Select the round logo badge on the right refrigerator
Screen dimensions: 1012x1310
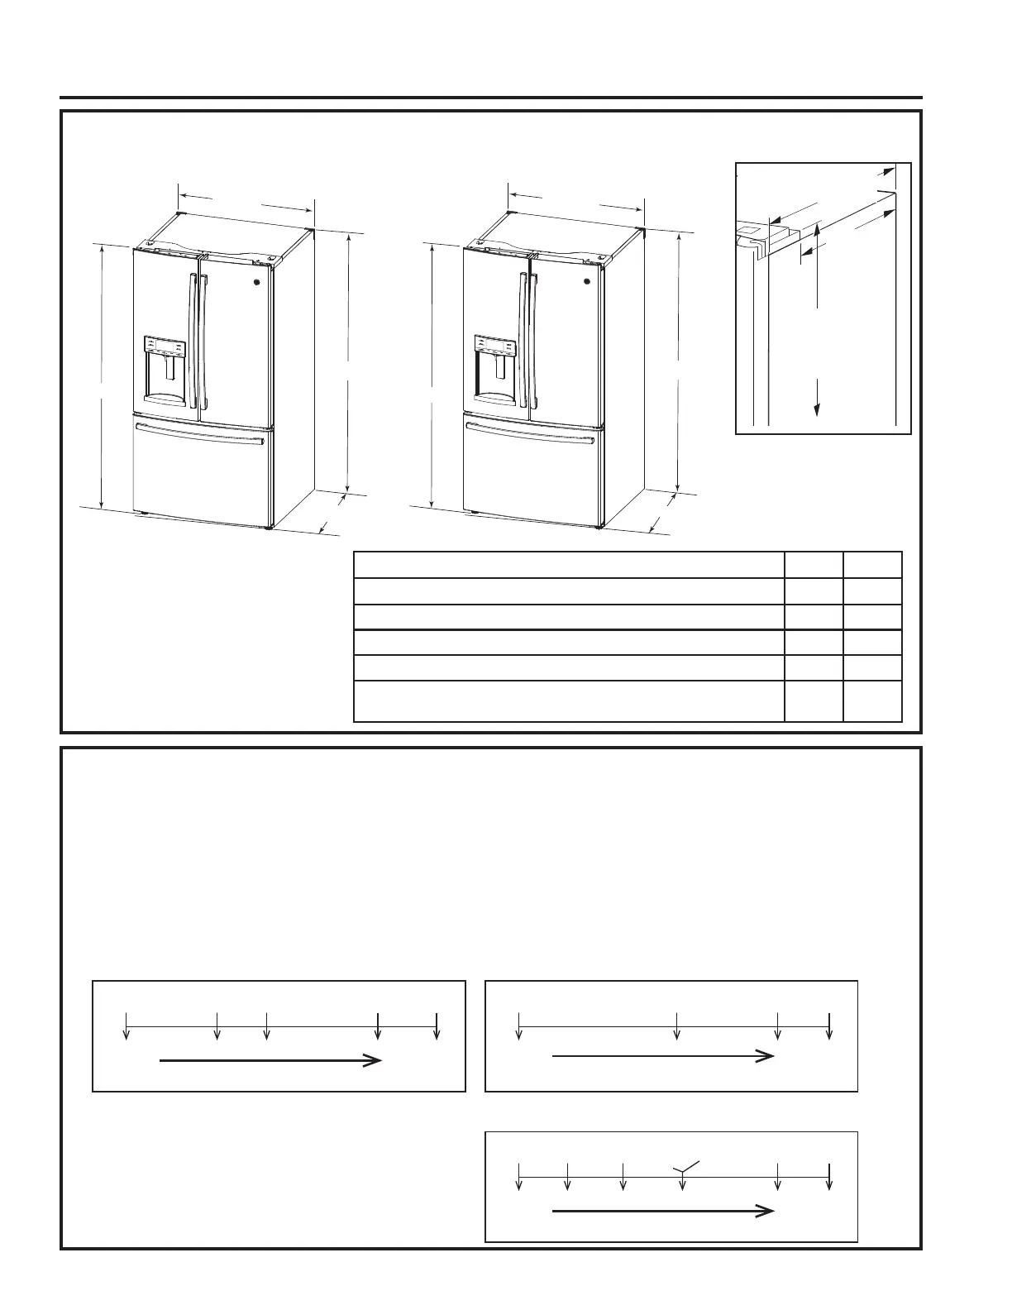(586, 281)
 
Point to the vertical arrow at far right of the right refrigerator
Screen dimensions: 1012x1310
(679, 361)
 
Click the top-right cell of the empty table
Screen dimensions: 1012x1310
(872, 565)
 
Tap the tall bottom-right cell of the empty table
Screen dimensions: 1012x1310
(872, 701)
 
